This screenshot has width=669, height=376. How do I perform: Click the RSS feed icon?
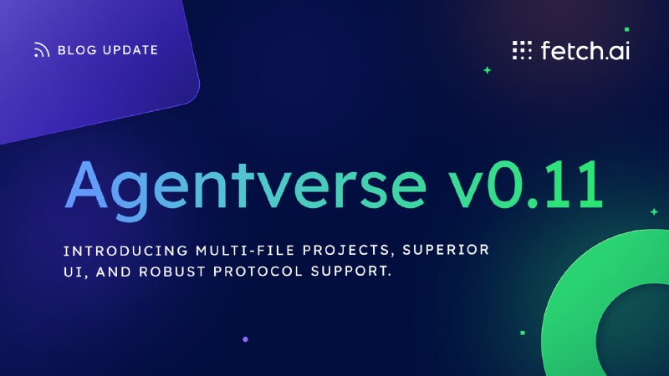pos(41,50)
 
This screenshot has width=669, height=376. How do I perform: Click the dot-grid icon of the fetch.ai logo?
pos(522,50)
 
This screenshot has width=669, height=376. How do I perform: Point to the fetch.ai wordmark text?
pos(585,50)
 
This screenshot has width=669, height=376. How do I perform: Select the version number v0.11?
pos(526,184)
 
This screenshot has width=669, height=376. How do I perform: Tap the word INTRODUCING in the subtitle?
pos(126,250)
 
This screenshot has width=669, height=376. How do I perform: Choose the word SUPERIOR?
pos(446,249)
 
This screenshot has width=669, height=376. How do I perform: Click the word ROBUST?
pos(172,272)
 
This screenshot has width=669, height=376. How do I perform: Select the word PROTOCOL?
pos(258,271)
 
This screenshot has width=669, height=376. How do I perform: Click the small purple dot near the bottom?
pos(245,339)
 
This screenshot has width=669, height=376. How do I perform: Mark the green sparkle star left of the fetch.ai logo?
pos(488,70)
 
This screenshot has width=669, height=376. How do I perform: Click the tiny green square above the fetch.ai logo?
pos(626,29)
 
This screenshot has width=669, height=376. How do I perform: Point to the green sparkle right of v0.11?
pos(654,211)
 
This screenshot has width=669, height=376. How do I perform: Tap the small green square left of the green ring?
pos(523,333)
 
